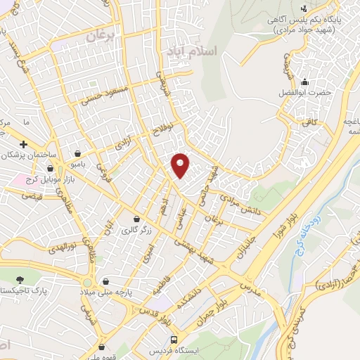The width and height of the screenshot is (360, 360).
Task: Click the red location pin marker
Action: coord(181,165)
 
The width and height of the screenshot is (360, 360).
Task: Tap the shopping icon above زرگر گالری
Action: coord(136,219)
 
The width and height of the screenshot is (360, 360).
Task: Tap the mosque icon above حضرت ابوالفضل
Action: coord(304,82)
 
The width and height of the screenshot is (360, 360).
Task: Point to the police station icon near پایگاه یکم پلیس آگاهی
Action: coord(304,8)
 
